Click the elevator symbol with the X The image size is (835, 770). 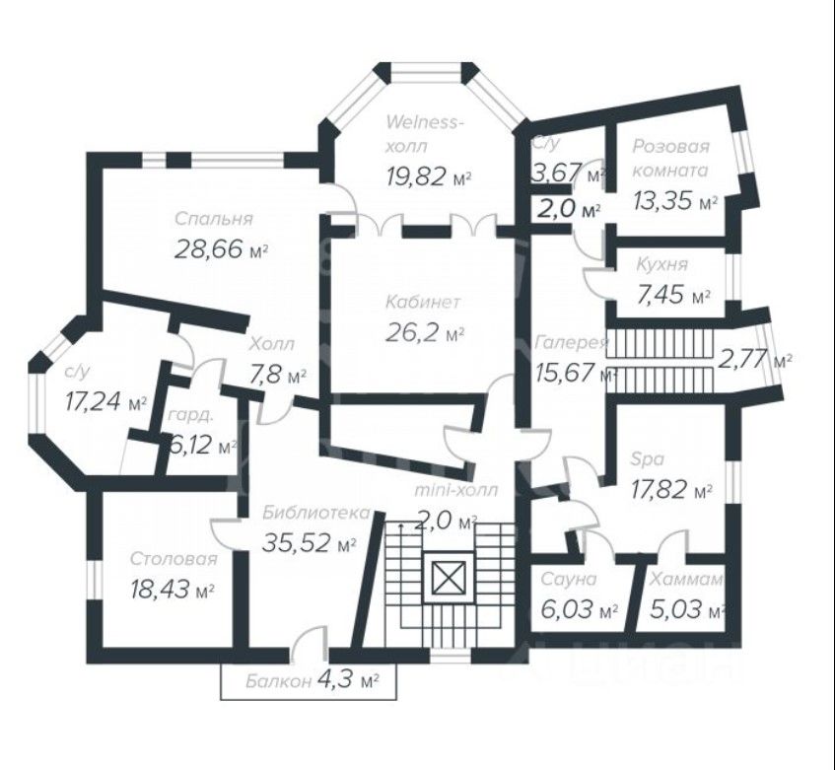coord(449,579)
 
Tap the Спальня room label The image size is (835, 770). coord(214,219)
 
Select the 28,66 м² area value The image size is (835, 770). coord(221,248)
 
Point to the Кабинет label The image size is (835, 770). coord(422,302)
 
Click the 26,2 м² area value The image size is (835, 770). coord(425,333)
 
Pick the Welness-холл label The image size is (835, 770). coord(422,134)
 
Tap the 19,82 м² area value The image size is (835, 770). coord(428,176)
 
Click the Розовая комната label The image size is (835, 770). coord(670,158)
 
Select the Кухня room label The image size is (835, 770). coord(661,264)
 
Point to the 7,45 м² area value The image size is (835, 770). coord(673,295)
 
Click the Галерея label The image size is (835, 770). coord(571,342)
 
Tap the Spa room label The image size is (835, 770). coord(647,459)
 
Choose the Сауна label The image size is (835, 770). coord(569,579)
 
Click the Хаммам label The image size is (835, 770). coord(685,579)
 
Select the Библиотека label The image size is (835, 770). coord(316,512)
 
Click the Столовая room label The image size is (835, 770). coord(174,559)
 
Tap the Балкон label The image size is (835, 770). coord(279,681)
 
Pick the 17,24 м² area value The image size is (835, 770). coord(105,401)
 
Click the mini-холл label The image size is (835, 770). coord(456,489)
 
